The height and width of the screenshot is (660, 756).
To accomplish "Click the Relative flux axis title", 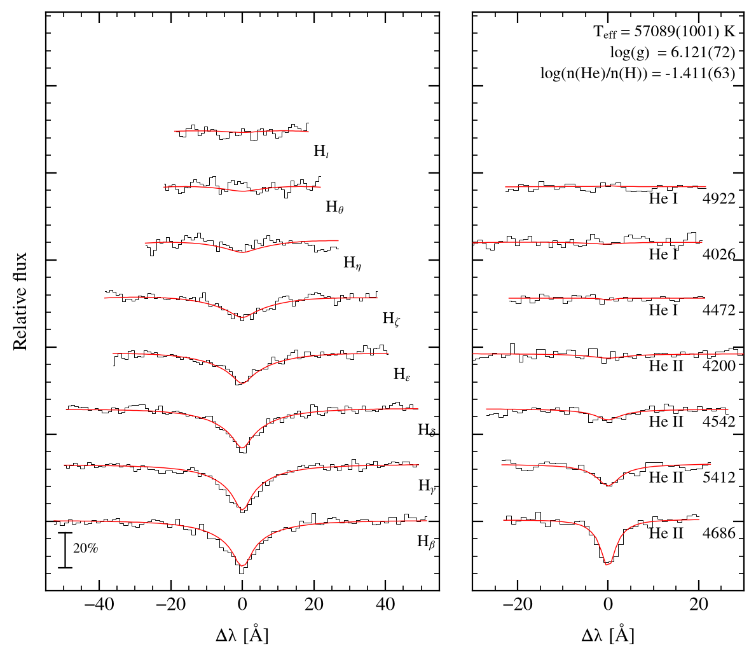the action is pyautogui.click(x=20, y=302).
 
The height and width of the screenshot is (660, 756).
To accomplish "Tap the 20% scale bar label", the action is pyautogui.click(x=86, y=548).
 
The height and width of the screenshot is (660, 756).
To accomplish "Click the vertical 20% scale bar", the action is pyautogui.click(x=65, y=550).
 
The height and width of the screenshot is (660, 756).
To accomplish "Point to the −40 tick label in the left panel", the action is pyautogui.click(x=99, y=604).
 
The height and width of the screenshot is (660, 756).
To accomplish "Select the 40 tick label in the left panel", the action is pyautogui.click(x=385, y=604).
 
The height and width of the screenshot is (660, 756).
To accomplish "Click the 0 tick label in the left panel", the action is pyautogui.click(x=242, y=604).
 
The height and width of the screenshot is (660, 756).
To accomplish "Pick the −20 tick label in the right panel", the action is pyautogui.click(x=518, y=604).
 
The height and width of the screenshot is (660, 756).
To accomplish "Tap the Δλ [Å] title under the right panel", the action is pyautogui.click(x=608, y=635).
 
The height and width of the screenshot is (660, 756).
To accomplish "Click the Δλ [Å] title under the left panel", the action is pyautogui.click(x=242, y=635).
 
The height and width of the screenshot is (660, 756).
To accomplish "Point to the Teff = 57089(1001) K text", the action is pyautogui.click(x=664, y=32).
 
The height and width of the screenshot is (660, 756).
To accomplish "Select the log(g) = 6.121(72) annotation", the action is pyautogui.click(x=673, y=53).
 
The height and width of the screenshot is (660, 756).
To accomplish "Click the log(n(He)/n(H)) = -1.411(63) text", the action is pyautogui.click(x=637, y=73).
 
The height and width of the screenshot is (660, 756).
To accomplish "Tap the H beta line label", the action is pyautogui.click(x=426, y=542).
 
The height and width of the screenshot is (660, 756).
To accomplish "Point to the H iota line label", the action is pyautogui.click(x=321, y=151).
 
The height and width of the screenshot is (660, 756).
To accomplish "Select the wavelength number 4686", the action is pyautogui.click(x=719, y=533).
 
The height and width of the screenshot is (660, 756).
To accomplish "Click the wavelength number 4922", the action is pyautogui.click(x=719, y=198).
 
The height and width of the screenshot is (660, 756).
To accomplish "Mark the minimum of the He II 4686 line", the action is pyautogui.click(x=607, y=563).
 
